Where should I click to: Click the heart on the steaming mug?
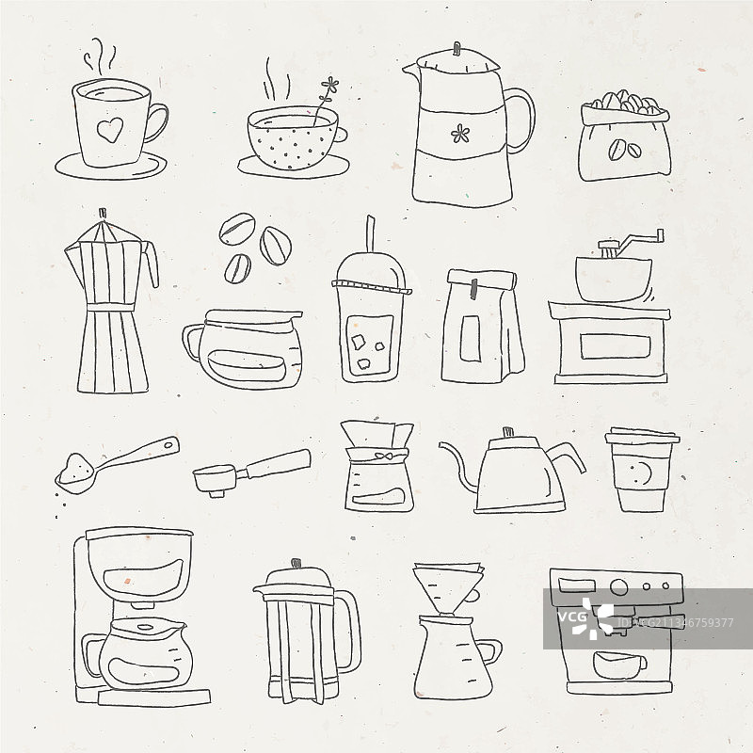tap(110, 130)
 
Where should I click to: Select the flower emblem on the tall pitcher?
tap(460, 133)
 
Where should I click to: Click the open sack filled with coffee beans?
tap(624, 136)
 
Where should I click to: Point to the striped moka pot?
tap(111, 301)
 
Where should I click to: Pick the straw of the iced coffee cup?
tap(370, 233)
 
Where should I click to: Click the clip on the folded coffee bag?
tap(474, 288)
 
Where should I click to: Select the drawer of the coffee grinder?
tap(616, 346)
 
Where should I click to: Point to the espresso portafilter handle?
tap(279, 464)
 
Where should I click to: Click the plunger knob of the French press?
tap(296, 563)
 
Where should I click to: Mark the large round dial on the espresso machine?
tap(619, 586)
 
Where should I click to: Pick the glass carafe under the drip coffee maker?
tap(138, 654)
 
